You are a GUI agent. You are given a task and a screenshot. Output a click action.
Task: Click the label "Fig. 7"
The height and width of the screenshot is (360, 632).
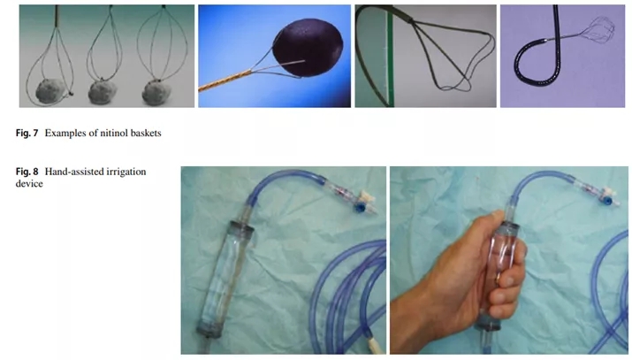27,133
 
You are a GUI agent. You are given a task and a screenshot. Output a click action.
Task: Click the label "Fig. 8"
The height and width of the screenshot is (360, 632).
27,172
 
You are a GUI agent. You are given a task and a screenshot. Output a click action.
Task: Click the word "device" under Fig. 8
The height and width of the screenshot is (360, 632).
29,184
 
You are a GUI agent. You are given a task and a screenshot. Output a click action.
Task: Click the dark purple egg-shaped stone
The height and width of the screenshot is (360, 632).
308,48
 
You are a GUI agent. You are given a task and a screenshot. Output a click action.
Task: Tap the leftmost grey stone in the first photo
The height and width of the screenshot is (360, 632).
50,91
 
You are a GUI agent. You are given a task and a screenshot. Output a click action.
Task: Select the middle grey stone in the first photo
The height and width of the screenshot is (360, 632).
102,92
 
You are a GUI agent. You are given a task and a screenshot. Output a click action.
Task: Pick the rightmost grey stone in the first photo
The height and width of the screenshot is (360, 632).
156,92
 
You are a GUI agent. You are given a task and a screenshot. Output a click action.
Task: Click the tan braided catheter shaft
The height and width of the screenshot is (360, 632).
225,81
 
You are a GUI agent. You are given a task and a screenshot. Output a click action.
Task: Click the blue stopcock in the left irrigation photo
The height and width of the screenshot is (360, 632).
359,207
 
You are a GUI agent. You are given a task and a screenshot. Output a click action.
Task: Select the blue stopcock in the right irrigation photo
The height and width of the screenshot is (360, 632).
604,200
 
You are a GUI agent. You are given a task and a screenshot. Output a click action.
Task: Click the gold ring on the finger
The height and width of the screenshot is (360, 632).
499,278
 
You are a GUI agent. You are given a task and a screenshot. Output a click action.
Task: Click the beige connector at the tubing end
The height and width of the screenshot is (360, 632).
373,346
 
